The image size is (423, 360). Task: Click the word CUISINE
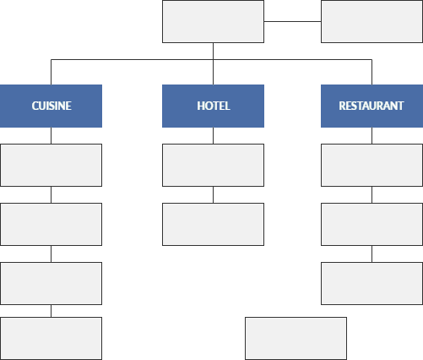pos(52,106)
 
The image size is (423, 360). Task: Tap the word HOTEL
pos(214,106)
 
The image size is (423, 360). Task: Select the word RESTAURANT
pos(371,106)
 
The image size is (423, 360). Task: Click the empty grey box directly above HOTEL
pos(213,22)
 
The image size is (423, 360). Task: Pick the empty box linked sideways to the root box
pos(371,22)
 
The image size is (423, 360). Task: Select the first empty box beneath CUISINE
pos(51,165)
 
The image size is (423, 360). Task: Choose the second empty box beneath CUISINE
pos(51,224)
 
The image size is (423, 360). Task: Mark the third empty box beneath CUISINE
pos(51,283)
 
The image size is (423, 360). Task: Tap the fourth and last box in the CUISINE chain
pos(51,338)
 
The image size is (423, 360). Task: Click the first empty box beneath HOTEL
pos(213,165)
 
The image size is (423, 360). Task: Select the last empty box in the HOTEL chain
pos(213,224)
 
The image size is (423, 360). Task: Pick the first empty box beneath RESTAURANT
pos(371,165)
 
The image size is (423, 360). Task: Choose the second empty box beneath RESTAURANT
pos(371,224)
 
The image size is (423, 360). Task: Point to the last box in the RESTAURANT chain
pos(371,283)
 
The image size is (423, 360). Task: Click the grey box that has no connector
pos(296,338)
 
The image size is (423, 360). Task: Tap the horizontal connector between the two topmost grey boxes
pos(292,21)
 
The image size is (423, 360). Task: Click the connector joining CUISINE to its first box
pos(51,135)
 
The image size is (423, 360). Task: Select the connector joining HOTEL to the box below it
pos(213,135)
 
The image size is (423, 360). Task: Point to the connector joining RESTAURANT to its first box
pos(371,135)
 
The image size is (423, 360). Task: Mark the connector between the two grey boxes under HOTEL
pos(213,194)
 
